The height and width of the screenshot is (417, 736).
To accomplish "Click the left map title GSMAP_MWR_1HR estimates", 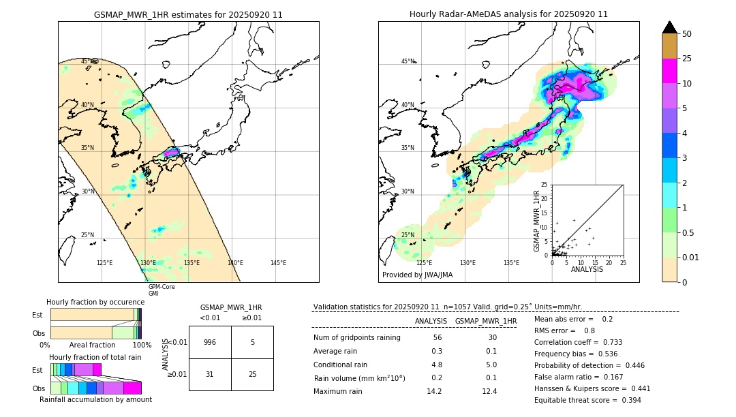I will [188, 14].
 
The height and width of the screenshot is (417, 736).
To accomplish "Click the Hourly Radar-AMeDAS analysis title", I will [508, 14].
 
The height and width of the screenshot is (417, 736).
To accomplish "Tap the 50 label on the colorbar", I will [687, 34].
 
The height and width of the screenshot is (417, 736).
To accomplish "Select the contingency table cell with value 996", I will [210, 342].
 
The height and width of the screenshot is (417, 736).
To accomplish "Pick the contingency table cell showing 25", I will [252, 375].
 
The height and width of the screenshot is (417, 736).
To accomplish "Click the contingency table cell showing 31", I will [210, 375].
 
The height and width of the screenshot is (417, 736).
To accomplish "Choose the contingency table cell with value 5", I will [252, 342].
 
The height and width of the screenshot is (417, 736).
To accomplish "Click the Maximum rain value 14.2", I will [436, 391].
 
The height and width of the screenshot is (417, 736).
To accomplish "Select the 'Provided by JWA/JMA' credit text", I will [417, 275].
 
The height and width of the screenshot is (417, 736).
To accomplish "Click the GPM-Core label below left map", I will [162, 287].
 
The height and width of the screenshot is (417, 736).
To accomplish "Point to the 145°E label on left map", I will [278, 263].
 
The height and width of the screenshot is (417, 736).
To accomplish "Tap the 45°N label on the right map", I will [408, 61].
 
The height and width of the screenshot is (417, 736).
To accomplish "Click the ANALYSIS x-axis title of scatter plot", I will [587, 269].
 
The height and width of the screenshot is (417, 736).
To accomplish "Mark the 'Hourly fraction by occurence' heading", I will [94, 302].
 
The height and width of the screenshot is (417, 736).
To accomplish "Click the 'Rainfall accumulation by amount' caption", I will [101, 399].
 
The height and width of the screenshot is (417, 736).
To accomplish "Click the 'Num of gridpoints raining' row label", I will [356, 338].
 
